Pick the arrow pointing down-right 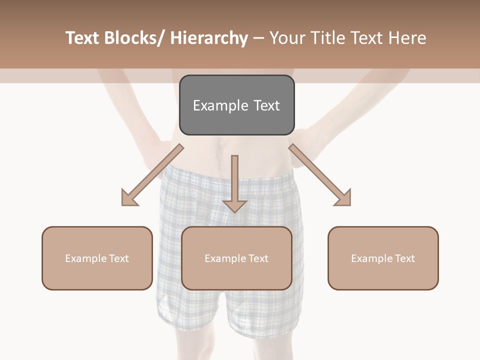point(320,175)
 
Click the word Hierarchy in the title point(209,38)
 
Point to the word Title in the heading point(325,38)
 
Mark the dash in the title point(258,38)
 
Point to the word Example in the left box point(86,258)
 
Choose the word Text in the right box point(404,258)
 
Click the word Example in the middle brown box point(225,258)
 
